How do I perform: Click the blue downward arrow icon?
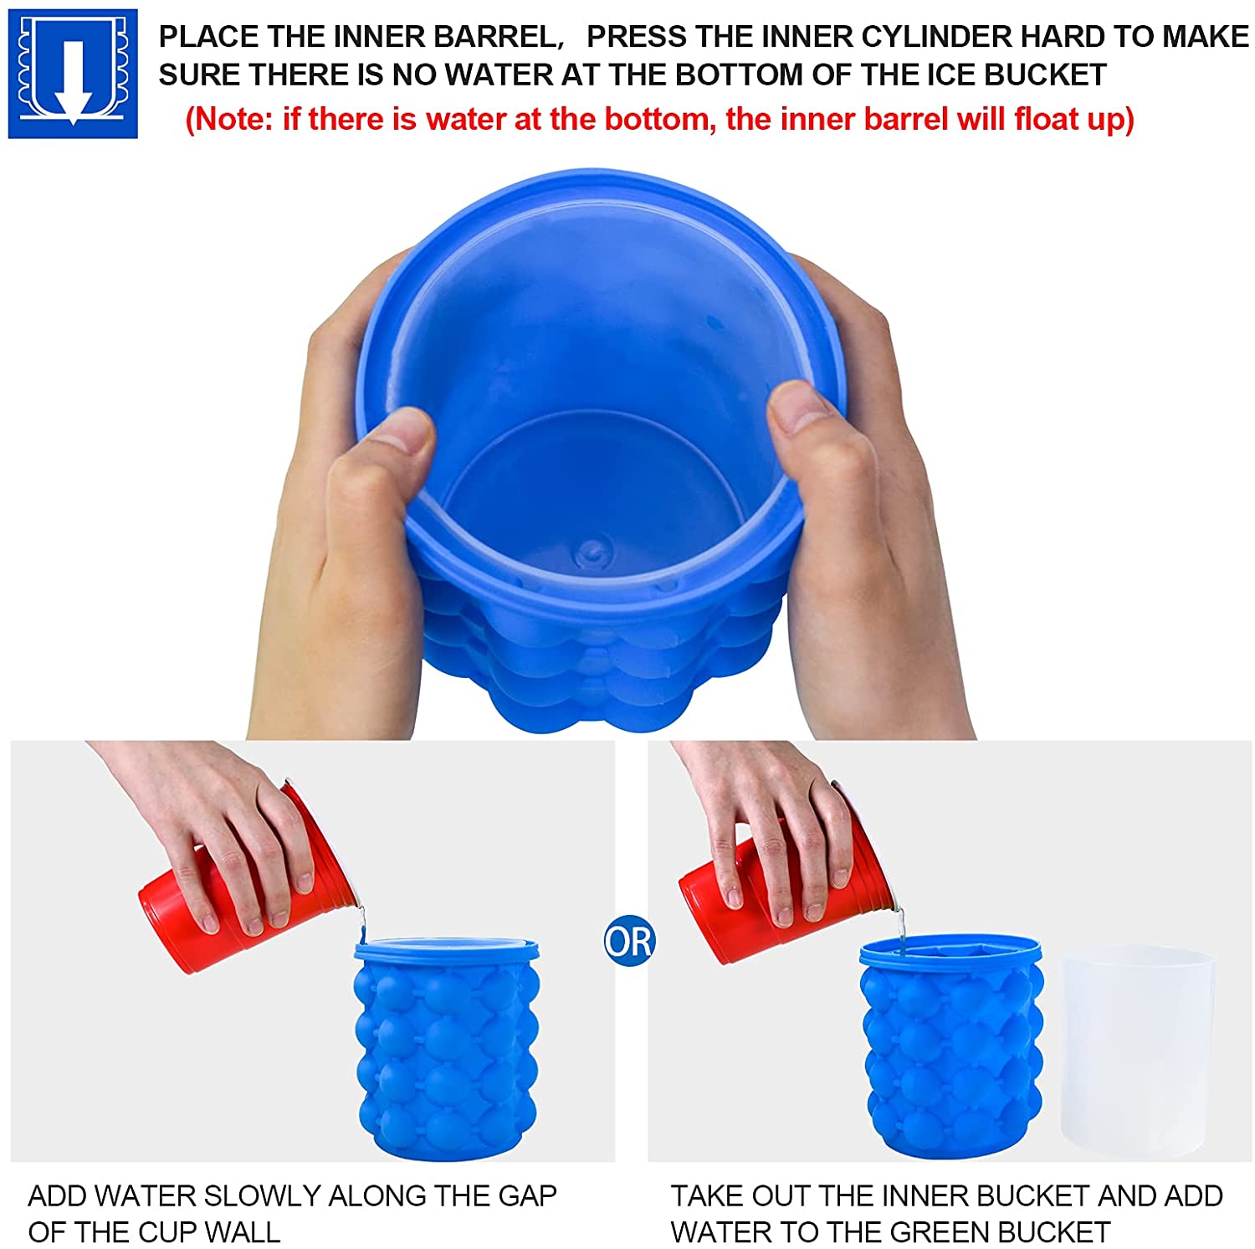tap(73, 74)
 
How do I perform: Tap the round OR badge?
tap(629, 941)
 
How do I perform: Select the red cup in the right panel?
tap(778, 879)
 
